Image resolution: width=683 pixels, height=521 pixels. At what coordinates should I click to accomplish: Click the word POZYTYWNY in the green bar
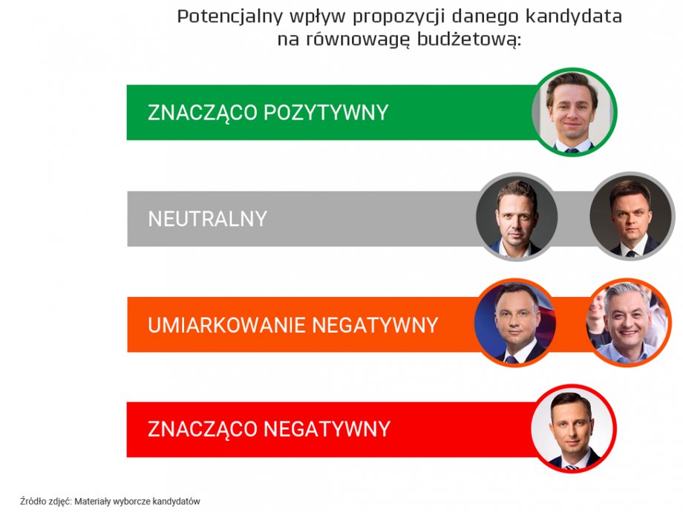(x=326, y=112)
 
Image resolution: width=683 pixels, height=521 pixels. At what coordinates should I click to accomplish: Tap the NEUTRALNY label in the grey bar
(x=207, y=219)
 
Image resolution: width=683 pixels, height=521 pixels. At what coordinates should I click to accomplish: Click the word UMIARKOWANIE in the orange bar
(x=226, y=325)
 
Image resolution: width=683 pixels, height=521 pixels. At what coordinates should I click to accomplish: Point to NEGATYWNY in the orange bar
(x=375, y=325)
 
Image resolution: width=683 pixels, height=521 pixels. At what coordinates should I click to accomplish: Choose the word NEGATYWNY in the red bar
(x=327, y=429)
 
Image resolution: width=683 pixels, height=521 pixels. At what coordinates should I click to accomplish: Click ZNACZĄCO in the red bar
(x=203, y=430)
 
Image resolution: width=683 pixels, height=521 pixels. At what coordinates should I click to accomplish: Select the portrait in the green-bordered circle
(x=573, y=112)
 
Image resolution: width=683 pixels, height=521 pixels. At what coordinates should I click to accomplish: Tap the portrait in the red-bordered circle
(x=573, y=429)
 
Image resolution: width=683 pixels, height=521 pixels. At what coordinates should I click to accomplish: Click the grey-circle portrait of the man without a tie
(x=517, y=217)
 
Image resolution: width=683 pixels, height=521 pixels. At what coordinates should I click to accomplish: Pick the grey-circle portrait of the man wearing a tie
(x=631, y=216)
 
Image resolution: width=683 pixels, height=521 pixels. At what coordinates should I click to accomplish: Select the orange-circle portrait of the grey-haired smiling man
(x=627, y=322)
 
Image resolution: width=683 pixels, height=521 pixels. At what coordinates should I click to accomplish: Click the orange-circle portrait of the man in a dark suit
(x=516, y=323)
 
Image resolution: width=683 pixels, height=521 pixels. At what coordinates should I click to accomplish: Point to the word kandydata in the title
(x=573, y=16)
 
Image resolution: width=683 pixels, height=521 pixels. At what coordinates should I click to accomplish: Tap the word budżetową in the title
(x=468, y=39)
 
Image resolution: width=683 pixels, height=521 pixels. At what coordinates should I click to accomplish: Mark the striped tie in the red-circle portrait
(x=572, y=467)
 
